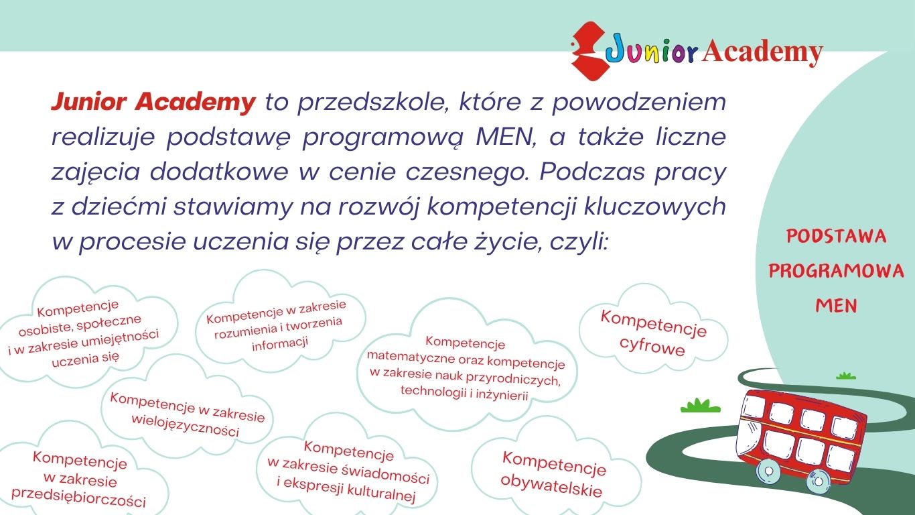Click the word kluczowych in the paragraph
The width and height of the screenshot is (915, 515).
pos(654,207)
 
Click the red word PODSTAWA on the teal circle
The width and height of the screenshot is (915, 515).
pos(836,237)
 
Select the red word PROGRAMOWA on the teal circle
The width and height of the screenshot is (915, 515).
pos(836,271)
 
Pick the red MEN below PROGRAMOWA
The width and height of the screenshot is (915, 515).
pos(836,306)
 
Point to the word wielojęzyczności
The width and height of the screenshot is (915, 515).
pos(185,426)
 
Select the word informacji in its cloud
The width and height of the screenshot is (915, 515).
pos(280,343)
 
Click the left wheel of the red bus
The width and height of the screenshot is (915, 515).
pos(768,473)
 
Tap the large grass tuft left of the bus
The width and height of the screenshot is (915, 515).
pos(700,406)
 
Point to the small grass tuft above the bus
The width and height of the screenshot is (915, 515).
pos(845,376)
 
